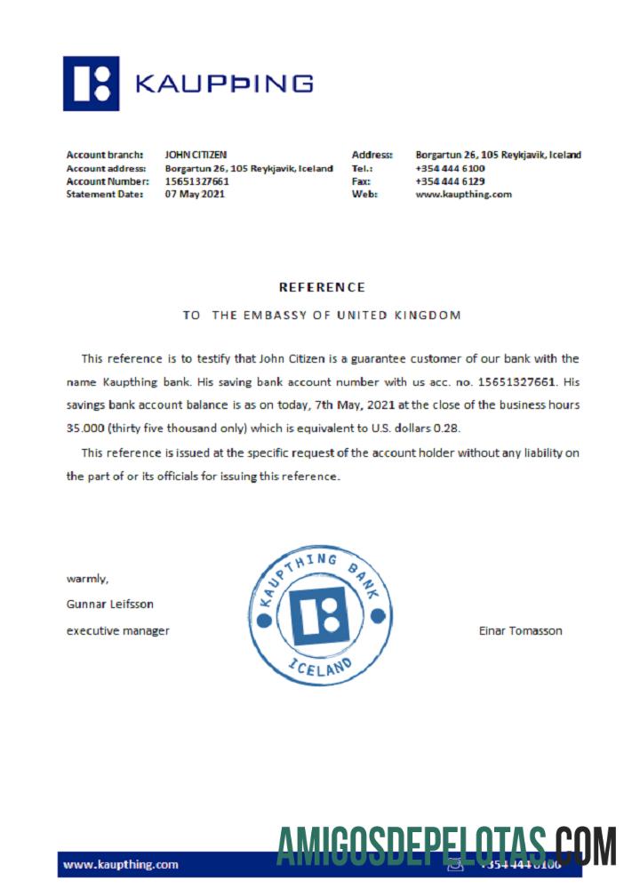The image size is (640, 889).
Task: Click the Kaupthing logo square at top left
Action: tap(91, 84)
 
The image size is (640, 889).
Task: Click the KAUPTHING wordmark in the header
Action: tap(223, 84)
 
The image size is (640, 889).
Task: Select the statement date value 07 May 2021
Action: tap(195, 195)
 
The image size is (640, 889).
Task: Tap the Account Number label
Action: tap(106, 181)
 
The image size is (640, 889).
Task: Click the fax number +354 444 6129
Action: tap(450, 181)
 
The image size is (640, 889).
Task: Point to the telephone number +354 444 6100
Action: tap(450, 168)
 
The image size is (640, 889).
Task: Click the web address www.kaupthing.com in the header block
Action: tap(463, 195)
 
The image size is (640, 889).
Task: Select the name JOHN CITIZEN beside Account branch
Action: tap(196, 155)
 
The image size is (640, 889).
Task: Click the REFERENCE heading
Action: tap(322, 287)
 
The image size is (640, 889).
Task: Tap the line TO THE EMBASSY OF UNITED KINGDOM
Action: tap(322, 315)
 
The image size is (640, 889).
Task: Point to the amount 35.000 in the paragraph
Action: tap(85, 428)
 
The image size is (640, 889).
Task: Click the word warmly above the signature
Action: tap(88, 579)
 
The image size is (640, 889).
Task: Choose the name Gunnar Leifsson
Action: tap(110, 604)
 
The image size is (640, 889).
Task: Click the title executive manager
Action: tap(118, 631)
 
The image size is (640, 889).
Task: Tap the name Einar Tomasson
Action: tap(520, 631)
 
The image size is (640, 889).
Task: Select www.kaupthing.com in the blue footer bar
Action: tap(121, 864)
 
